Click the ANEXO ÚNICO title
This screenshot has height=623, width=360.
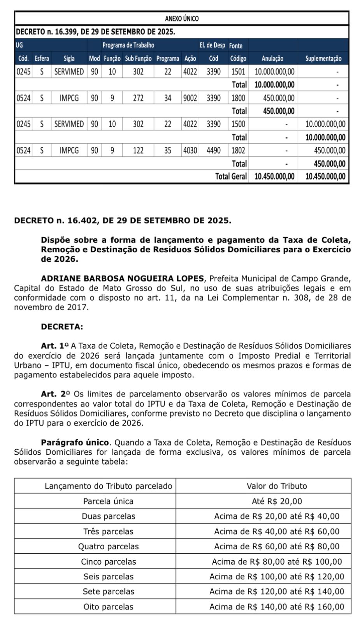[x=182, y=19]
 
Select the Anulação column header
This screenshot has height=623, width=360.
[x=272, y=58]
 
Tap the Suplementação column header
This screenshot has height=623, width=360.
[x=323, y=58]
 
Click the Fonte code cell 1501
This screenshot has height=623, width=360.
[x=238, y=72]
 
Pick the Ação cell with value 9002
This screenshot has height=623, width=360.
[x=190, y=98]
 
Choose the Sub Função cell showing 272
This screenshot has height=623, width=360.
[x=138, y=98]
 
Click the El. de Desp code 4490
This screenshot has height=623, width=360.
[x=214, y=150]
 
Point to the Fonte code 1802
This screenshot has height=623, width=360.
[x=238, y=150]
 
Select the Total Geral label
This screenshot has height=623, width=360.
[x=231, y=176]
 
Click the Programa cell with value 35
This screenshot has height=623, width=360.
[x=168, y=150]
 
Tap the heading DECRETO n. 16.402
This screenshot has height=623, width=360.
[x=122, y=221]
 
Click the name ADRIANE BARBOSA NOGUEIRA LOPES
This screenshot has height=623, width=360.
[x=123, y=279]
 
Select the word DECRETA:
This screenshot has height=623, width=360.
[x=62, y=327]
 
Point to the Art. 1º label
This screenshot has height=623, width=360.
[x=55, y=346]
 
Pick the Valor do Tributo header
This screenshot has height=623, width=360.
[x=277, y=486]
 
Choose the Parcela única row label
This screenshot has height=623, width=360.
[x=108, y=501]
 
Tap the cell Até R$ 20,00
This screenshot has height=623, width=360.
[x=277, y=501]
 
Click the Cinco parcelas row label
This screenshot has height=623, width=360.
[x=109, y=561]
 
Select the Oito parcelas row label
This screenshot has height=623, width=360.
[x=108, y=607]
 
